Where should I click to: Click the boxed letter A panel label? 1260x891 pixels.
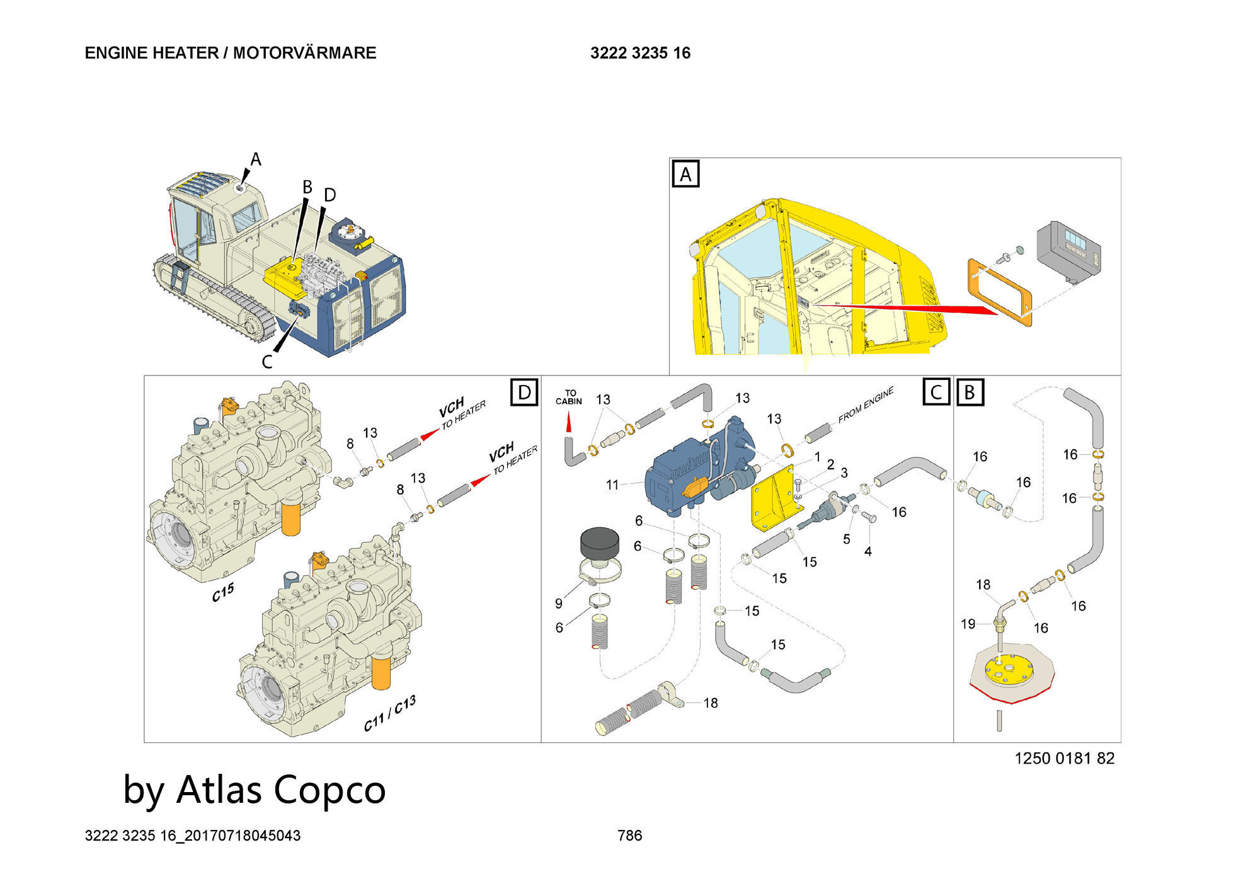coord(685,174)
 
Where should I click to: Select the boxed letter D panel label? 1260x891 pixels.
coord(524,393)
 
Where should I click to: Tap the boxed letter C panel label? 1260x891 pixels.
coord(936,392)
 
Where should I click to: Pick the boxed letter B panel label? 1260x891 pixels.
coord(970,392)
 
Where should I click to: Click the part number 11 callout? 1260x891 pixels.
coord(612,485)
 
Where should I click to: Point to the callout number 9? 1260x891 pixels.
coord(558,604)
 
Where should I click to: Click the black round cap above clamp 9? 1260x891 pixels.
coord(599,543)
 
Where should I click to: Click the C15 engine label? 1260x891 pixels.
coord(222,592)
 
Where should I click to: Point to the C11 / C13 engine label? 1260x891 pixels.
coord(390,714)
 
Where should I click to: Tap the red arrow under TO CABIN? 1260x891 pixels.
coord(569,422)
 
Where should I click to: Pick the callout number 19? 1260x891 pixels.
coord(968,624)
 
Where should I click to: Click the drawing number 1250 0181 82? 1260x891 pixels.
coord(1064,758)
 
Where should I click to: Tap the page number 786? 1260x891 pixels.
coord(629,836)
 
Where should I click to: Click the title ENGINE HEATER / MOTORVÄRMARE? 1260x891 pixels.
coord(231,53)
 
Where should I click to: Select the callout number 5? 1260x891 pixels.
coord(846,539)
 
